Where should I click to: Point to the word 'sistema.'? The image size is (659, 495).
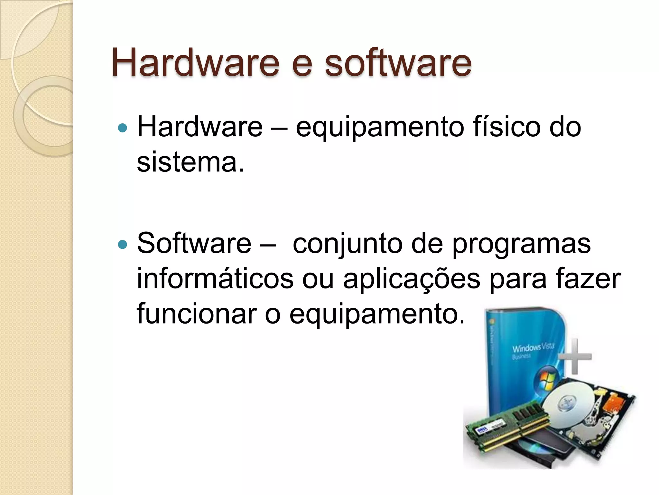click(x=191, y=162)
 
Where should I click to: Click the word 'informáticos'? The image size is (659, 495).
click(x=215, y=279)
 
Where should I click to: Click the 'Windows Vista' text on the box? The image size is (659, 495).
click(x=533, y=348)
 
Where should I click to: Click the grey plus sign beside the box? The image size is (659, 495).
click(x=575, y=356)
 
